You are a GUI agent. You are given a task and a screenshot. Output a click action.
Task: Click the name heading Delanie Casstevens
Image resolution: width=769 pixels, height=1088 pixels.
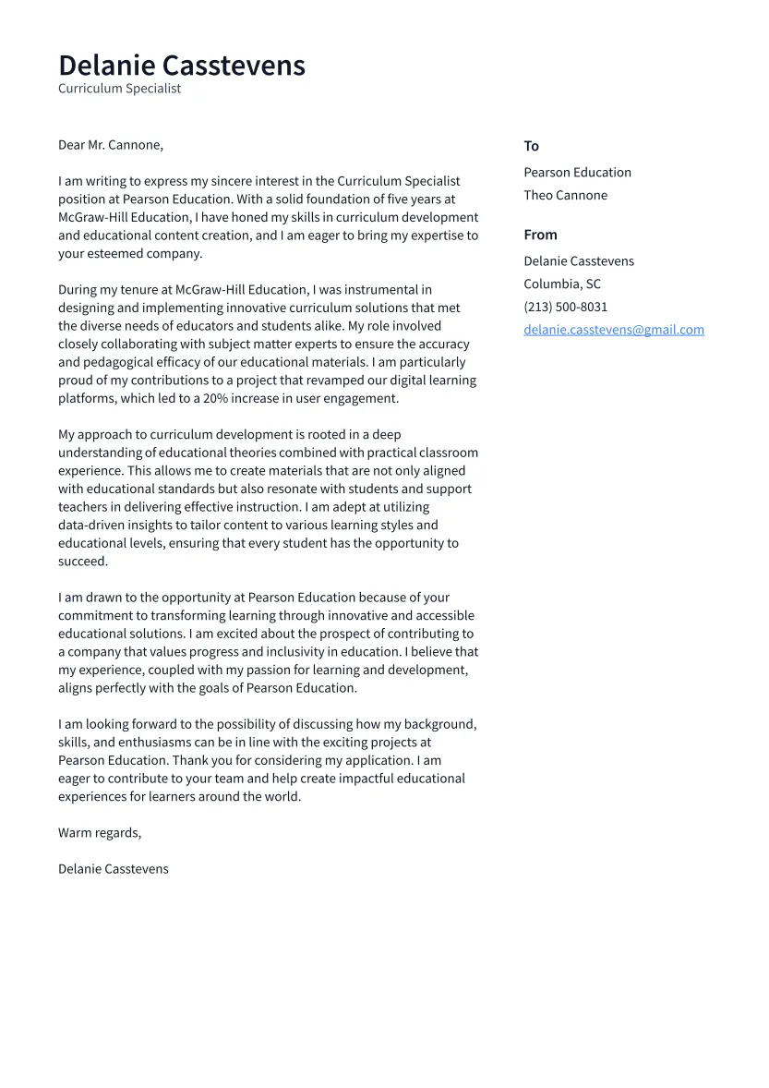[181, 66]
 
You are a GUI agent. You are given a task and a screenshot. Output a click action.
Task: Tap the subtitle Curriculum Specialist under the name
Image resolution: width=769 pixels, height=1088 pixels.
[119, 89]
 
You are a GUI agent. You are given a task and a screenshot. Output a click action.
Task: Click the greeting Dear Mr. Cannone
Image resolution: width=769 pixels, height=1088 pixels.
[110, 145]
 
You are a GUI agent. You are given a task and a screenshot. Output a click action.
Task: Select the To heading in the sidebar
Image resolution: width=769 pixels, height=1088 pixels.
[531, 146]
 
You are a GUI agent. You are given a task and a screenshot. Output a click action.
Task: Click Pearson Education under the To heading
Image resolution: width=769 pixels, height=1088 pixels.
[577, 173]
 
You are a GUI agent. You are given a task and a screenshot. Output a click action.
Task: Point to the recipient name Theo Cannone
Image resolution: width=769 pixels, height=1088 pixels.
[565, 195]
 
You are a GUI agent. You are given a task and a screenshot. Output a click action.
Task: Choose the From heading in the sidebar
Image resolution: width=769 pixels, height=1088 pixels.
[540, 235]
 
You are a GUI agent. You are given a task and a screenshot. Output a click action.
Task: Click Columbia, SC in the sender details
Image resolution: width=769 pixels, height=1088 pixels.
[561, 284]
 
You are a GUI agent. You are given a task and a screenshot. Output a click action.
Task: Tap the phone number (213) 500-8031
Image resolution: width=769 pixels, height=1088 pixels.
[565, 307]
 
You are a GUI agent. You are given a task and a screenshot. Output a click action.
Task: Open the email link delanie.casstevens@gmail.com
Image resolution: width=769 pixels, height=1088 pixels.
[613, 330]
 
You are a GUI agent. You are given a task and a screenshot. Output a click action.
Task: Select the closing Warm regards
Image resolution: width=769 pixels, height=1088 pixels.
[99, 833]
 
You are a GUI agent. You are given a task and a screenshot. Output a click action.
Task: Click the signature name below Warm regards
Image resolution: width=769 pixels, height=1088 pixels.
[113, 869]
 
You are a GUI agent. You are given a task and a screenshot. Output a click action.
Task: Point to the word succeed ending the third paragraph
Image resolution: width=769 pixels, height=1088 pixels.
[82, 562]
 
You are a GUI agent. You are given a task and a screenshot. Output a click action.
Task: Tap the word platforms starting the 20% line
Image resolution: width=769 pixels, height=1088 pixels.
[86, 399]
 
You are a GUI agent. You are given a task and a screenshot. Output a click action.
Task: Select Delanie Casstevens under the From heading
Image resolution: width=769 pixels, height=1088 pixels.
[578, 261]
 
